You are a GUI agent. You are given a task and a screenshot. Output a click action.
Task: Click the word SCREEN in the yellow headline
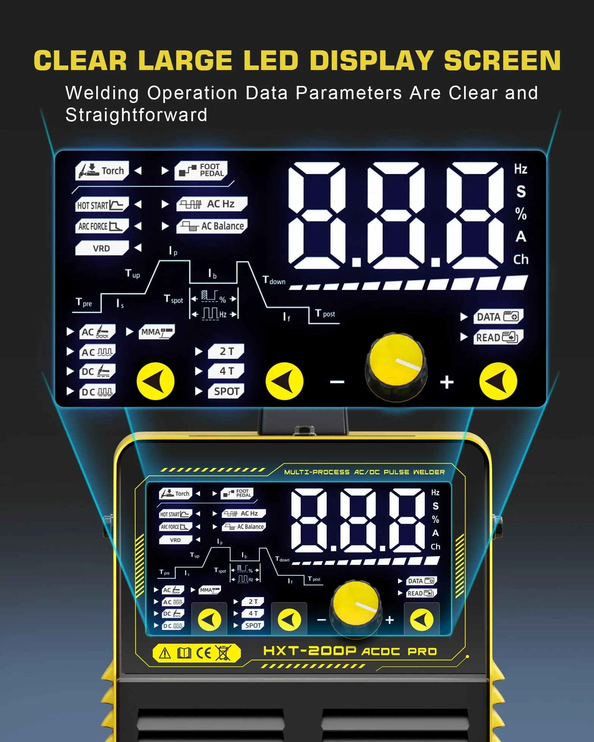click(x=502, y=61)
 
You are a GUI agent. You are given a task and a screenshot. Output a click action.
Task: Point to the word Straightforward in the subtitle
click(x=136, y=115)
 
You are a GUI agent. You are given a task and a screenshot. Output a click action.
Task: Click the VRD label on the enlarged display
click(x=102, y=248)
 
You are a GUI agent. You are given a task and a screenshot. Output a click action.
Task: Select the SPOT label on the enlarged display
click(x=226, y=391)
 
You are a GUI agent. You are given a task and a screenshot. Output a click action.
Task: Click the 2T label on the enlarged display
click(x=226, y=351)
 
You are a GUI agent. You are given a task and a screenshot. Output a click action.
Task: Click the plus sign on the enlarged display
click(x=447, y=382)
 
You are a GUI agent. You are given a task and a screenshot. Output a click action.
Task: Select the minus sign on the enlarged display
click(x=337, y=382)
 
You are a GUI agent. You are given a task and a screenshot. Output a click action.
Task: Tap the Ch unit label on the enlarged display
click(x=521, y=259)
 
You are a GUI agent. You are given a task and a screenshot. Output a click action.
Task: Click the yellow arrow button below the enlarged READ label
click(x=498, y=381)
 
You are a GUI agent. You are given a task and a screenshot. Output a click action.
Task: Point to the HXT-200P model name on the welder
click(x=310, y=651)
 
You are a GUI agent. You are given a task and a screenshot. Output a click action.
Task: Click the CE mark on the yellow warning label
click(x=204, y=653)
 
